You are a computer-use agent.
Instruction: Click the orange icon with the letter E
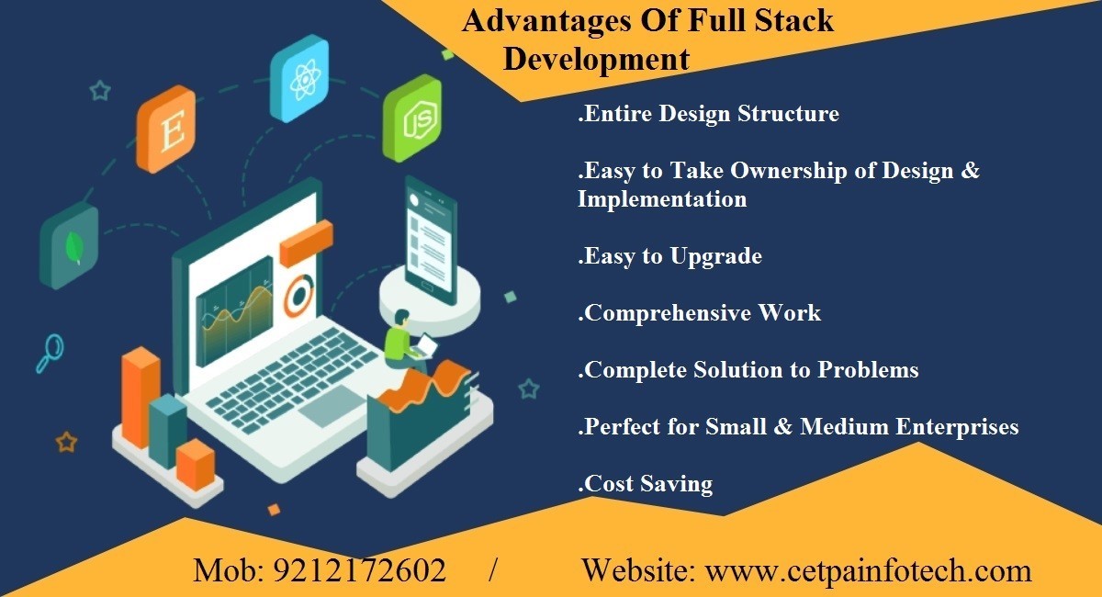click(166, 129)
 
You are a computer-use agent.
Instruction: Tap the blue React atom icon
click(299, 79)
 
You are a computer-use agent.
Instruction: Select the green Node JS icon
click(412, 118)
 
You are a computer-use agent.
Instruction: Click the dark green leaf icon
click(69, 245)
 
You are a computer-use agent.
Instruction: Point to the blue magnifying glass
click(50, 353)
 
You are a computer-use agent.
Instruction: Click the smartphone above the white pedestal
click(431, 241)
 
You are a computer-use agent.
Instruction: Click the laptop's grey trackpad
click(332, 406)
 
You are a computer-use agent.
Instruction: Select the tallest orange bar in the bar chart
click(141, 398)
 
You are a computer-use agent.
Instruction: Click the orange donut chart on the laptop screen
click(298, 296)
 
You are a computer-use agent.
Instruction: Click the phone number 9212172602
click(360, 570)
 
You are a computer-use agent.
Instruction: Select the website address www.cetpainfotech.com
click(869, 571)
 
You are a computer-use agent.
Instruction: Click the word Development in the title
click(596, 60)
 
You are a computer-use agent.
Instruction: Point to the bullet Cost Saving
click(646, 483)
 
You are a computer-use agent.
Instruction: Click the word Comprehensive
click(667, 313)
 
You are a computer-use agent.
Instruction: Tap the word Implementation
click(662, 198)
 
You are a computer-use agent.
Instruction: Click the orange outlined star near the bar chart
click(66, 442)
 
